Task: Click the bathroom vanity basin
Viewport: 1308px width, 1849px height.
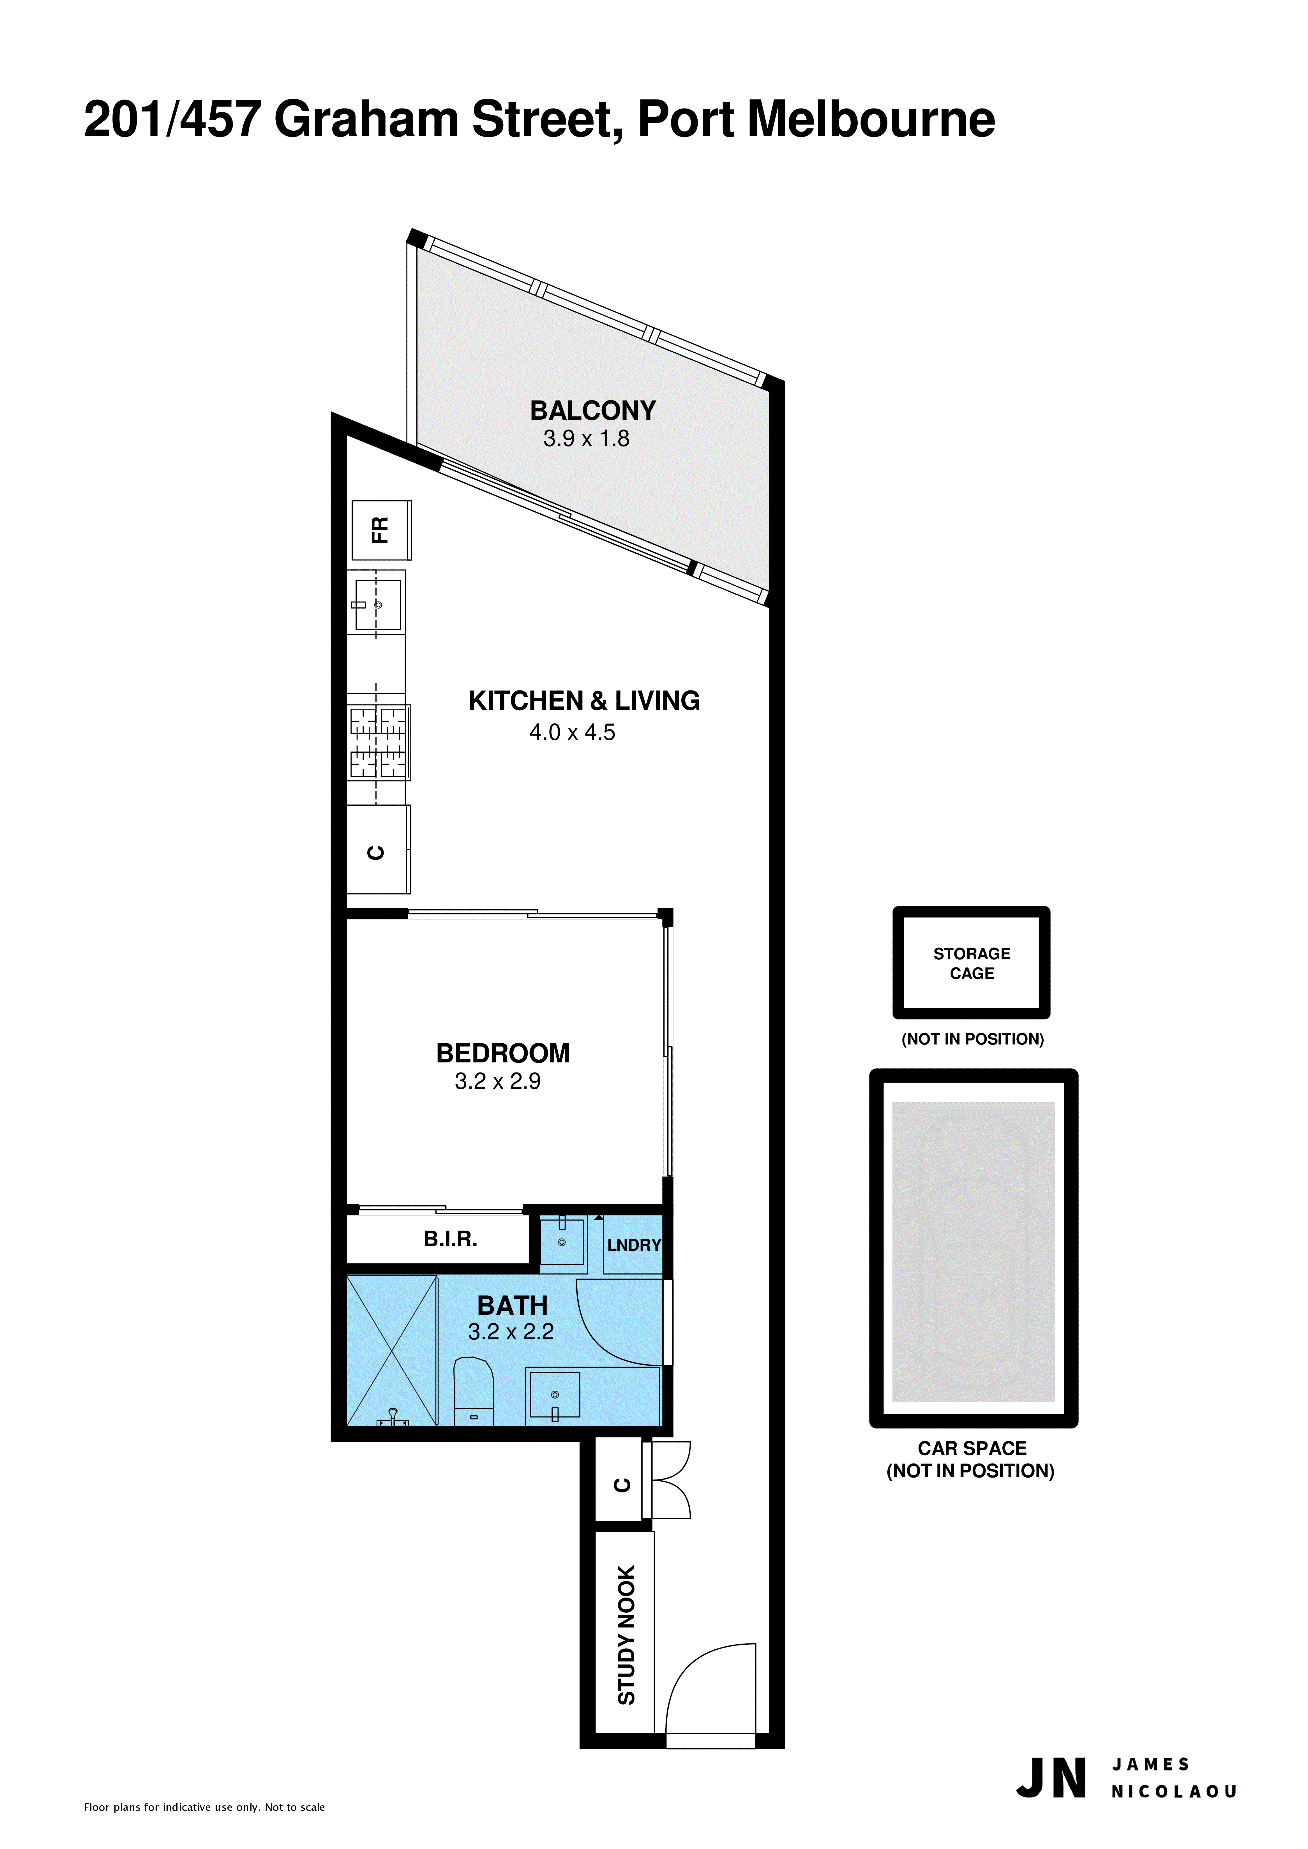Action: pyautogui.click(x=554, y=1395)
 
